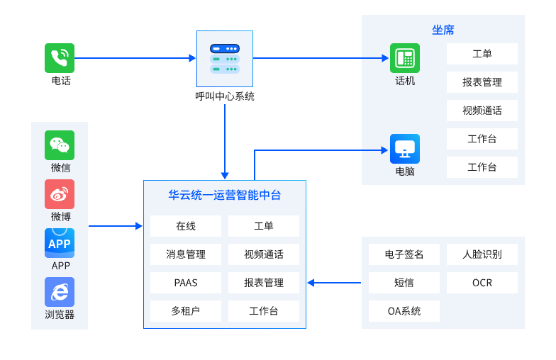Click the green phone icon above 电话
point(60,58)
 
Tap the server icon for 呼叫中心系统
point(225,59)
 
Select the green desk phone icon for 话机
point(405,58)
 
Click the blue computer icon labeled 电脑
point(405,149)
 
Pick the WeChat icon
point(60,145)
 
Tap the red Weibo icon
point(60,194)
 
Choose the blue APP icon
point(60,243)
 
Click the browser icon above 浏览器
point(60,292)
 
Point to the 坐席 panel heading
point(443,30)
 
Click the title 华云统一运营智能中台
point(225,195)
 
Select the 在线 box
point(186,226)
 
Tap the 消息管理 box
point(186,254)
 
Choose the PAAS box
point(186,283)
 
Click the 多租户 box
point(186,311)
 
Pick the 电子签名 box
point(404,254)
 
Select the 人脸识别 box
point(482,254)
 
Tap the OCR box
point(482,283)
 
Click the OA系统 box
point(404,311)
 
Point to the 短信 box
point(404,283)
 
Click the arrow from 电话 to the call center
point(135,58)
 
